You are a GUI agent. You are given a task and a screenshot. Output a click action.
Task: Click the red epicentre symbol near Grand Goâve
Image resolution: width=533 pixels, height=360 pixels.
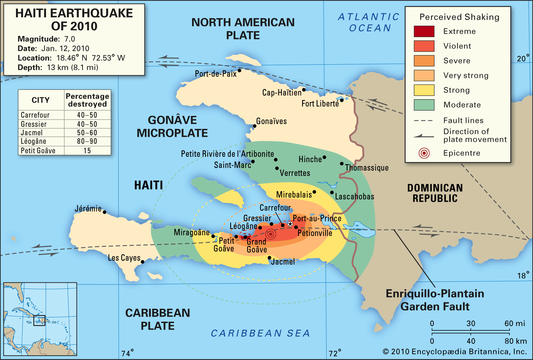pos(271,234)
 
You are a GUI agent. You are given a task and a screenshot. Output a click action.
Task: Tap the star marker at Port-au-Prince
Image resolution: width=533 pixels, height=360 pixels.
pos(290,224)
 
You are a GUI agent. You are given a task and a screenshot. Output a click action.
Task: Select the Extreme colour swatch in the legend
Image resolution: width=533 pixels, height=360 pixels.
pos(424,31)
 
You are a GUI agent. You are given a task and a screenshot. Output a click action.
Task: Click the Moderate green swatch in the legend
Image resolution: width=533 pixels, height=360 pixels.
pos(424,105)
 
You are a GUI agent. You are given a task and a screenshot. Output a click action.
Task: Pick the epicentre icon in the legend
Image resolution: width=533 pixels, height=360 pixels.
pos(424,153)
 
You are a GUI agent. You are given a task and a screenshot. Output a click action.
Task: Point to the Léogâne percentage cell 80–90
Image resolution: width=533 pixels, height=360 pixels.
pos(87,142)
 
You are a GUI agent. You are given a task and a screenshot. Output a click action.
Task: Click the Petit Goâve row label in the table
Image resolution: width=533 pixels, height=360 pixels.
pos(38,151)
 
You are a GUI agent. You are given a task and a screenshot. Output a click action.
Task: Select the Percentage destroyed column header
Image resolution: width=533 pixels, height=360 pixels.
pos(87,100)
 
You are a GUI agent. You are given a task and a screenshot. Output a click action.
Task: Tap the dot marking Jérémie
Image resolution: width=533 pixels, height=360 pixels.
pos(105,212)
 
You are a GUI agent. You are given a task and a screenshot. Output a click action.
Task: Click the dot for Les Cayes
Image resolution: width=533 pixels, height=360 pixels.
pos(142,262)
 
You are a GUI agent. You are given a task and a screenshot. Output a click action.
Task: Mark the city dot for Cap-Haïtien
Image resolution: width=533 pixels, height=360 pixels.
pos(304,90)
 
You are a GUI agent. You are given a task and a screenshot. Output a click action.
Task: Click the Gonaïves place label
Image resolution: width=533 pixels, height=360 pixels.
pos(271,121)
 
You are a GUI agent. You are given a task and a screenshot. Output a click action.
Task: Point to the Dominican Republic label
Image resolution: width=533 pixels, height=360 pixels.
pos(435,193)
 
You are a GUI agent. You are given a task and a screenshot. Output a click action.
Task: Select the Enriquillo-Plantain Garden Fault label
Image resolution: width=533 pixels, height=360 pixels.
pos(435,300)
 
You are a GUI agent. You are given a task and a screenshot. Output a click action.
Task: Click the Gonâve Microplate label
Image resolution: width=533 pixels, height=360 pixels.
pos(172,127)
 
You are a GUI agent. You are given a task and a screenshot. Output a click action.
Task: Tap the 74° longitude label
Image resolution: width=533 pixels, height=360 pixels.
pos(127,353)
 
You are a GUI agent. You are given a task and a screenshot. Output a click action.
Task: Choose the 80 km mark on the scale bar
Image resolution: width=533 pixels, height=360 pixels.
pos(515,341)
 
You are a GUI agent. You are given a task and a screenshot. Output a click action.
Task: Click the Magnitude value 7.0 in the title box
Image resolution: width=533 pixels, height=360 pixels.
pos(70,39)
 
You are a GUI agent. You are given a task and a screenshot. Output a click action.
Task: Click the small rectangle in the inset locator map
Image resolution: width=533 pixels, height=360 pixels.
pos(39,320)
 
